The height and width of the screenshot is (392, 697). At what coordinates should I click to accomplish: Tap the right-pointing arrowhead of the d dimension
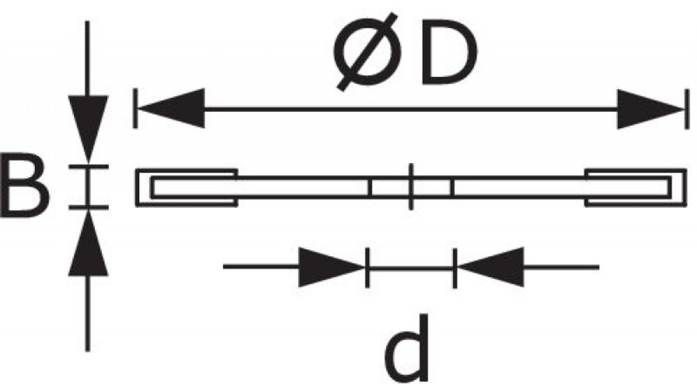pos(329,268)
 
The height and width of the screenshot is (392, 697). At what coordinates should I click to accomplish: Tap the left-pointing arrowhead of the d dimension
pos(492,267)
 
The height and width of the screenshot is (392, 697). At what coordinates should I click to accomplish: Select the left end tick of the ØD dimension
pos(135,108)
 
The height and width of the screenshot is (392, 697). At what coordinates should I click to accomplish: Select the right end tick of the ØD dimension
pos(686,109)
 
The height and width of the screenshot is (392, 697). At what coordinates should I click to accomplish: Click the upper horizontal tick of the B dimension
pos(88,167)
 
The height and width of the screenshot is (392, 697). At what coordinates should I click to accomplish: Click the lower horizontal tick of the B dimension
pos(88,207)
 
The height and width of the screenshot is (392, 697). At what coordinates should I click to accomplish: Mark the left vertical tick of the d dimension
pos(367,268)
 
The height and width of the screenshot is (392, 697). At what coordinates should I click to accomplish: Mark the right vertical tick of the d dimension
pos(455,268)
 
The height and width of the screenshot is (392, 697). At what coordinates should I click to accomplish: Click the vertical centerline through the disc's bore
pos(411,187)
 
